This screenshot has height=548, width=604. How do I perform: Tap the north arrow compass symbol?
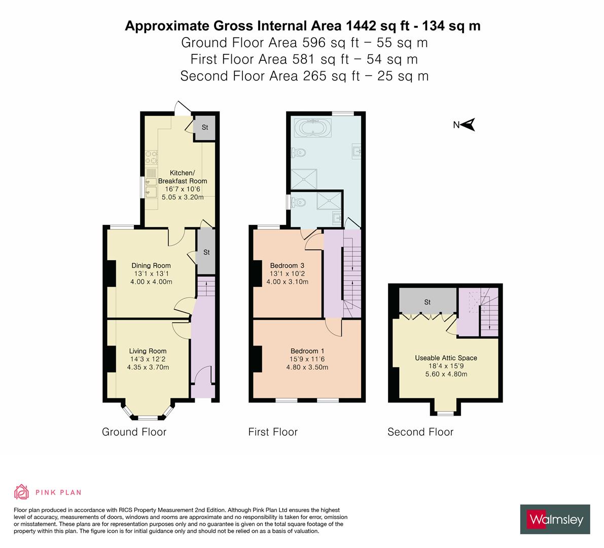tap(468, 124)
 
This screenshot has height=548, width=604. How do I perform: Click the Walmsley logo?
tap(555, 519)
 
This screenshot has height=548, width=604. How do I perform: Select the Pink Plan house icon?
tap(22, 492)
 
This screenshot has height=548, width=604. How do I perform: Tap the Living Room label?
tap(148, 351)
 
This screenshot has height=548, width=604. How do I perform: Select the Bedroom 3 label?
tap(287, 265)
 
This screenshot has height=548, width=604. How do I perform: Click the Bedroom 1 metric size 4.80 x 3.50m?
tap(307, 367)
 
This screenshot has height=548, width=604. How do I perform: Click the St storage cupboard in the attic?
tap(428, 302)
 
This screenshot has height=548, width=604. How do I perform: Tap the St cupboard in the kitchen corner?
tap(205, 127)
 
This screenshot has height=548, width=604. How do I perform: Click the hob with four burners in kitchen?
tap(151, 157)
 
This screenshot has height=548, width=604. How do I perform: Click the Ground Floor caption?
tap(134, 432)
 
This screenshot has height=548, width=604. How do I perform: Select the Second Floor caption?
tap(420, 432)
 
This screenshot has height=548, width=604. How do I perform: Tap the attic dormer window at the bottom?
tap(446, 413)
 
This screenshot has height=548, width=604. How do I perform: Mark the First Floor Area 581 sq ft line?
tap(304, 59)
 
